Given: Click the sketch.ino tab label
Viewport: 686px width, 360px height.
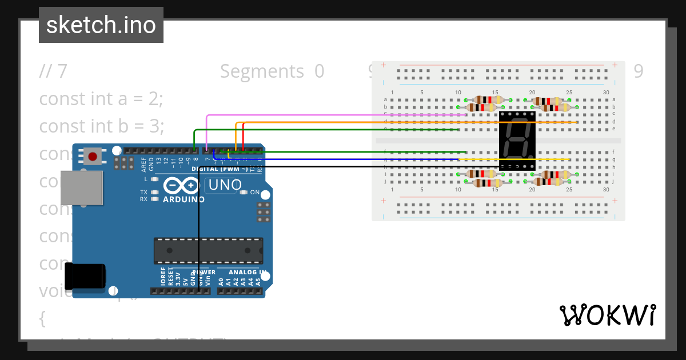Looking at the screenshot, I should pyautogui.click(x=101, y=25).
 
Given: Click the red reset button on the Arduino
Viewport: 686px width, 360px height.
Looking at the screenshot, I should pyautogui.click(x=93, y=155).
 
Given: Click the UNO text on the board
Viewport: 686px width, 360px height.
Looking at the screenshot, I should pyautogui.click(x=225, y=185).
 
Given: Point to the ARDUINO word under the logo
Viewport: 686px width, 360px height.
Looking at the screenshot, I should pyautogui.click(x=184, y=199).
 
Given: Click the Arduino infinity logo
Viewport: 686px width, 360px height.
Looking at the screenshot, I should pyautogui.click(x=181, y=186).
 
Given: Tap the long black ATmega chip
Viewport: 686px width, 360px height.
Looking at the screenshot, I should pyautogui.click(x=208, y=251).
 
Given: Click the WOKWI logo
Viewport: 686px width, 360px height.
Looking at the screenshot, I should pyautogui.click(x=607, y=315).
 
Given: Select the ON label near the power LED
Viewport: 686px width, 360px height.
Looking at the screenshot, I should pyautogui.click(x=255, y=192).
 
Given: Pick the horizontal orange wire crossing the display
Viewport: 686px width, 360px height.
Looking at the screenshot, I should pyautogui.click(x=400, y=122).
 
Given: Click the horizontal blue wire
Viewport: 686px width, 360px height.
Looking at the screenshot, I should pyautogui.click(x=343, y=159).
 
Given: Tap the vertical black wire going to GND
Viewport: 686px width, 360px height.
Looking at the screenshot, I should pyautogui.click(x=198, y=240).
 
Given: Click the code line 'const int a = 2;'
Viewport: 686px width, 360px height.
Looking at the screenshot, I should pyautogui.click(x=101, y=98).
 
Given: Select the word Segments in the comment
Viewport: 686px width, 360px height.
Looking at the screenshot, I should pyautogui.click(x=262, y=71).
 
